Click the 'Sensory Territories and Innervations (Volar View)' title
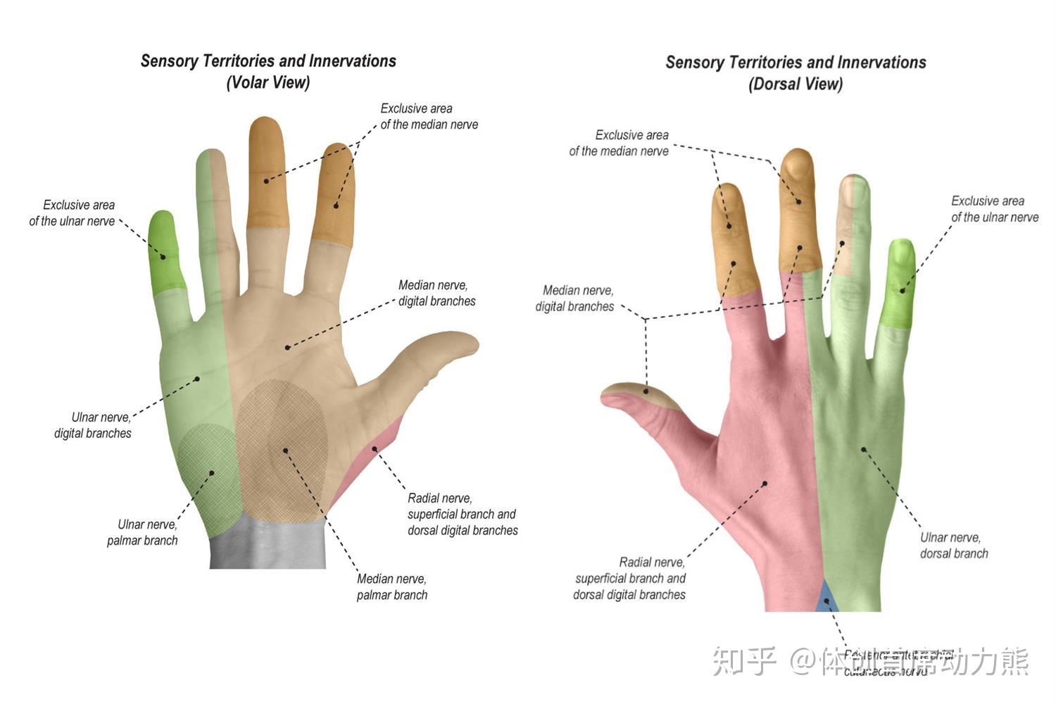tap(268, 71)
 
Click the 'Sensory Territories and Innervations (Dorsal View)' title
tap(796, 73)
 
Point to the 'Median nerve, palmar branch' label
tap(391, 586)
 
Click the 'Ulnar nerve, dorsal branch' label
tap(953, 545)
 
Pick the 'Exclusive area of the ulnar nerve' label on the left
tap(73, 213)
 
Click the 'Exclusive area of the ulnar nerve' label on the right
tap(994, 209)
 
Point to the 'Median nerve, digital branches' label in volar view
tap(436, 293)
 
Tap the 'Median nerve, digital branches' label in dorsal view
tap(575, 298)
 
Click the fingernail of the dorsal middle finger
tap(796, 167)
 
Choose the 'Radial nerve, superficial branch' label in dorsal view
tap(630, 578)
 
